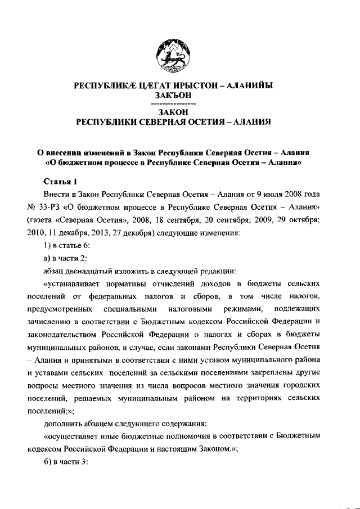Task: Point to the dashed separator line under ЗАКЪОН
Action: [174, 105]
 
